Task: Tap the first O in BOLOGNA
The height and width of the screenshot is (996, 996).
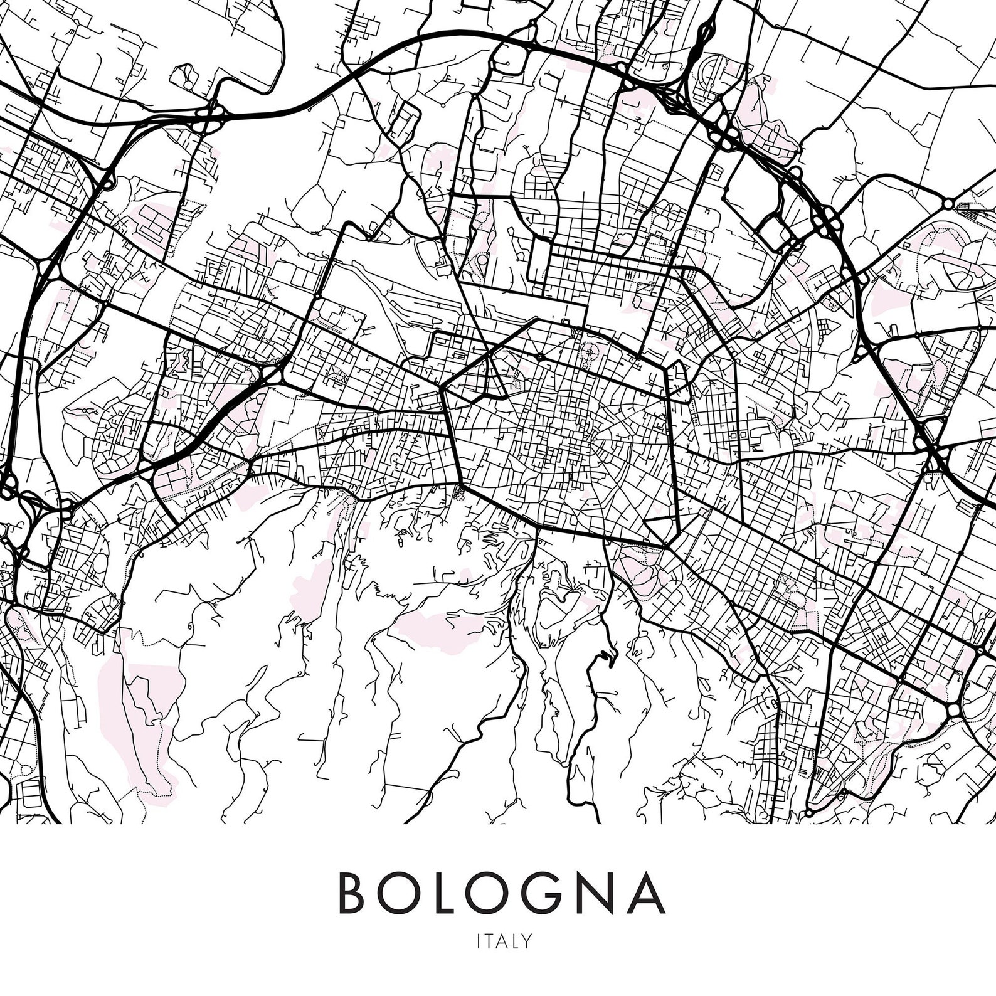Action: (405, 893)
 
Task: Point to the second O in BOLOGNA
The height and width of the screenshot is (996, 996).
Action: (495, 893)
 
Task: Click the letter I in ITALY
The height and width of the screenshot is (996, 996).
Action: (479, 941)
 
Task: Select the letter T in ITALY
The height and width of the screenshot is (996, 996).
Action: (489, 941)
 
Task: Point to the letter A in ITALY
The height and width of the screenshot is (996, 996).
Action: (502, 941)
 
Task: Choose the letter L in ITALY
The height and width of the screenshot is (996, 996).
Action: (515, 941)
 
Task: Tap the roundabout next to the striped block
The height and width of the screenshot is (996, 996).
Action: (948, 204)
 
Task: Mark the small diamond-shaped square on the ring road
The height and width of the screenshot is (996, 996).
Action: (540, 357)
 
